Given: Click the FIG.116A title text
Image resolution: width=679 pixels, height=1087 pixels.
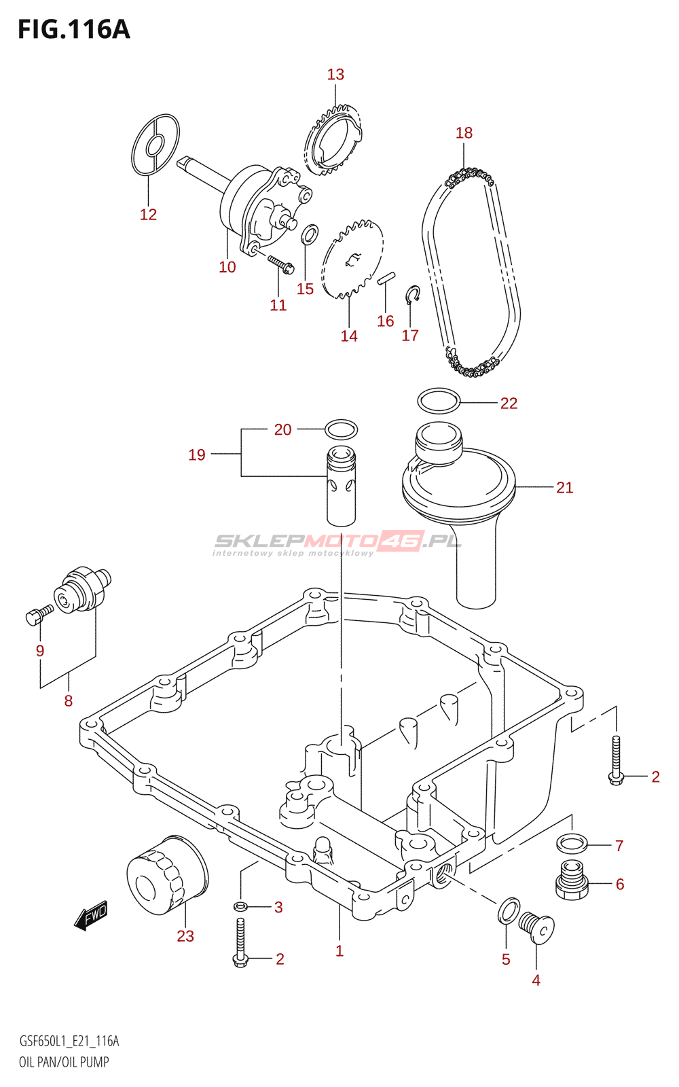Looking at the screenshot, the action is coord(74,29).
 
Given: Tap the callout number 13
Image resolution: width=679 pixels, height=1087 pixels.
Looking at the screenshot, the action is coord(335,74).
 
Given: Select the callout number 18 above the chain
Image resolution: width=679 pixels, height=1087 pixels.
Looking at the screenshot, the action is coord(464,132).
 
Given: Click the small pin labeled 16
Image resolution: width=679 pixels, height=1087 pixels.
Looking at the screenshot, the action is coord(386,279).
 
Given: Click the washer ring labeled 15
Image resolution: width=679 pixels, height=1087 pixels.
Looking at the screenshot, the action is coord(310,234).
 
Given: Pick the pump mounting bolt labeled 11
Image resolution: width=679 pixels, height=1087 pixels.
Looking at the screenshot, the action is coord(280,264).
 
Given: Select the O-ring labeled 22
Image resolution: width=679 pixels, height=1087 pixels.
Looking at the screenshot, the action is coord(439,400).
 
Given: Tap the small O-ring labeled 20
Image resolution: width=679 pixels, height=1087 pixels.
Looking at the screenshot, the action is coord(340,429).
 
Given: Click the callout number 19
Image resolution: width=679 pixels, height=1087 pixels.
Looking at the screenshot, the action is coord(196,455).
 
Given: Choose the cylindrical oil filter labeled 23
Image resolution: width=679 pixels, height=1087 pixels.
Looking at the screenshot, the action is coord(167,874).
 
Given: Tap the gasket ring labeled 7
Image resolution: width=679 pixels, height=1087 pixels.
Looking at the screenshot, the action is coord(572,845).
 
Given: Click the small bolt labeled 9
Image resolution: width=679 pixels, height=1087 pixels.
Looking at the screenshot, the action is coord(39,614).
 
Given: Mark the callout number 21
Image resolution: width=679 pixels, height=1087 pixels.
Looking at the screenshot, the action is coord(564,487).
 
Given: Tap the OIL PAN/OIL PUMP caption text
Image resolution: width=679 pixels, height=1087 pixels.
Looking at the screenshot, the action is coord(64,1063).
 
